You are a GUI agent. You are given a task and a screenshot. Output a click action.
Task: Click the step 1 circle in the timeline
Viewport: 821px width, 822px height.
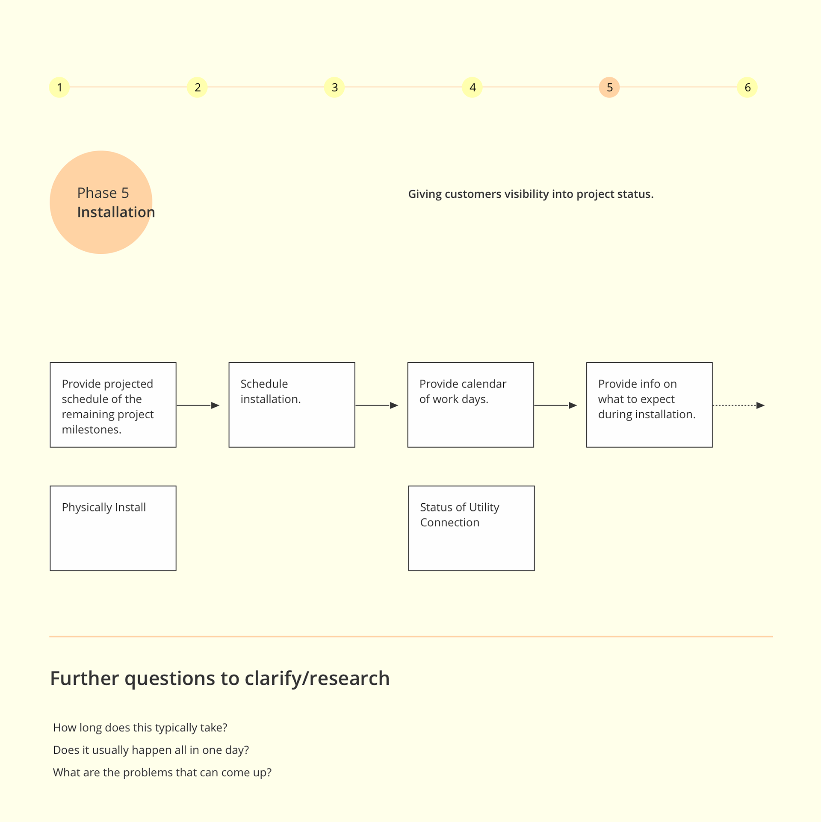[59, 87]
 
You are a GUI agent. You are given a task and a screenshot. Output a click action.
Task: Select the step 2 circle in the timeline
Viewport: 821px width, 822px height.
[197, 87]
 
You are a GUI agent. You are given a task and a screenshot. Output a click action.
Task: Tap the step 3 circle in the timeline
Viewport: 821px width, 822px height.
[334, 87]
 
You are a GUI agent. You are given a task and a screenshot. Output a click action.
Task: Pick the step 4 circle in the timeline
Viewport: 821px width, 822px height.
[472, 87]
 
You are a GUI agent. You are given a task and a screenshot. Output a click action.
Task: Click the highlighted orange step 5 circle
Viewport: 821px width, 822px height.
[609, 87]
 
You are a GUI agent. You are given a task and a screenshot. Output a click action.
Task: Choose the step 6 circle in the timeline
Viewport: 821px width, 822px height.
[747, 87]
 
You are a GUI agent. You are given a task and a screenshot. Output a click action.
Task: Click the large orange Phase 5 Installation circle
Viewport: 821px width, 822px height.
[101, 202]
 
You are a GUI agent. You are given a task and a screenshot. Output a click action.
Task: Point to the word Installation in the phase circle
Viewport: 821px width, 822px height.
[116, 212]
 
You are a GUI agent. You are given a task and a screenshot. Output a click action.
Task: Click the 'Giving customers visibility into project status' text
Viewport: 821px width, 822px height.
[531, 194]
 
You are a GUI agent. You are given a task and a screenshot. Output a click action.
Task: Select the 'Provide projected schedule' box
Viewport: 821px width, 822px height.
[113, 405]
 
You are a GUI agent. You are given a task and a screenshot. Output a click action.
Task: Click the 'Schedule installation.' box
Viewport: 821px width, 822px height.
[292, 405]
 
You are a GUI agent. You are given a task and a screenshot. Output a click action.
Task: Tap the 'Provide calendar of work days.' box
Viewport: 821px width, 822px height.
[470, 405]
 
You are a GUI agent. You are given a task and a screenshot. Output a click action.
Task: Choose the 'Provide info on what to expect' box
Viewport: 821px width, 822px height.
[649, 405]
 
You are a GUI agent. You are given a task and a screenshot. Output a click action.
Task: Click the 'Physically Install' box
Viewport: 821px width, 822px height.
[113, 528]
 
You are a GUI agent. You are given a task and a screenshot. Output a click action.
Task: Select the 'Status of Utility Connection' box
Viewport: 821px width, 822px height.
[471, 528]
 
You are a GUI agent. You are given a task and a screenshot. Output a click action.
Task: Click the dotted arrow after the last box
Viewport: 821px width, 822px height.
[739, 405]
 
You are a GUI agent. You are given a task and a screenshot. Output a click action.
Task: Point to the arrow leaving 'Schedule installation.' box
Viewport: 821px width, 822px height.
[377, 405]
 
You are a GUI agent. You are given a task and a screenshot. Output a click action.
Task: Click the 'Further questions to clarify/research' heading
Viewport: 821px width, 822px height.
[220, 678]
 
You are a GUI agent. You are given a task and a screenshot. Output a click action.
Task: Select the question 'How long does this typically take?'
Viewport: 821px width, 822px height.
[140, 728]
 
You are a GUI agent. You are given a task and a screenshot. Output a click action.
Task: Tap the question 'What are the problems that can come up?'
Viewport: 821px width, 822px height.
[162, 772]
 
